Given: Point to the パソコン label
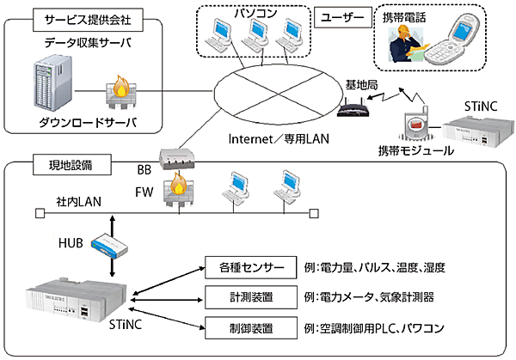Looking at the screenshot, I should tap(253, 14).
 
